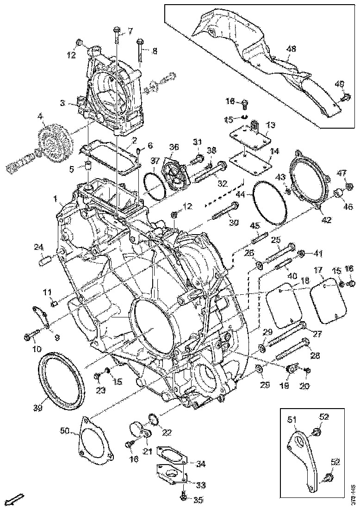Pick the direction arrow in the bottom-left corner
pos(17,499)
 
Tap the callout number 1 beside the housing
pos(55,199)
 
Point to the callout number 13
pos(271,125)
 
